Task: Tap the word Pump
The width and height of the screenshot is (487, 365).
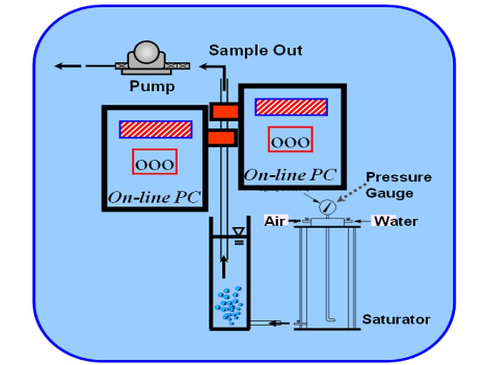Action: (152, 86)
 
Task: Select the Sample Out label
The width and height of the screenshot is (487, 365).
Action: (255, 50)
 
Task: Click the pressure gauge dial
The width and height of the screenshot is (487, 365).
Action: (328, 207)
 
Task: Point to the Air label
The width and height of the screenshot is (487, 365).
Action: (274, 221)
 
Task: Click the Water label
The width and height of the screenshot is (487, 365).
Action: (396, 221)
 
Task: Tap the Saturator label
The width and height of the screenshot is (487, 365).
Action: (396, 319)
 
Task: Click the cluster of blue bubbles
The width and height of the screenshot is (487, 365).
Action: (229, 305)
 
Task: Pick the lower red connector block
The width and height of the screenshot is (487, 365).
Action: (221, 138)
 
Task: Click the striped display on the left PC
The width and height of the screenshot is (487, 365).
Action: (156, 129)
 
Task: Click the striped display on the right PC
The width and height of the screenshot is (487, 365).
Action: (291, 107)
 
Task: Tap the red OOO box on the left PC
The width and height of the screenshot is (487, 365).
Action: (155, 162)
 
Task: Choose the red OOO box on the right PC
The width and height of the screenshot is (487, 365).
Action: (290, 139)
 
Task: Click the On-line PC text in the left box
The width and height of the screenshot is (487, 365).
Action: (154, 197)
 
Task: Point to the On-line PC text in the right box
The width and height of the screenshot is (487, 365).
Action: (290, 175)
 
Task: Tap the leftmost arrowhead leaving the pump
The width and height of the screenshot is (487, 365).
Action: (59, 66)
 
